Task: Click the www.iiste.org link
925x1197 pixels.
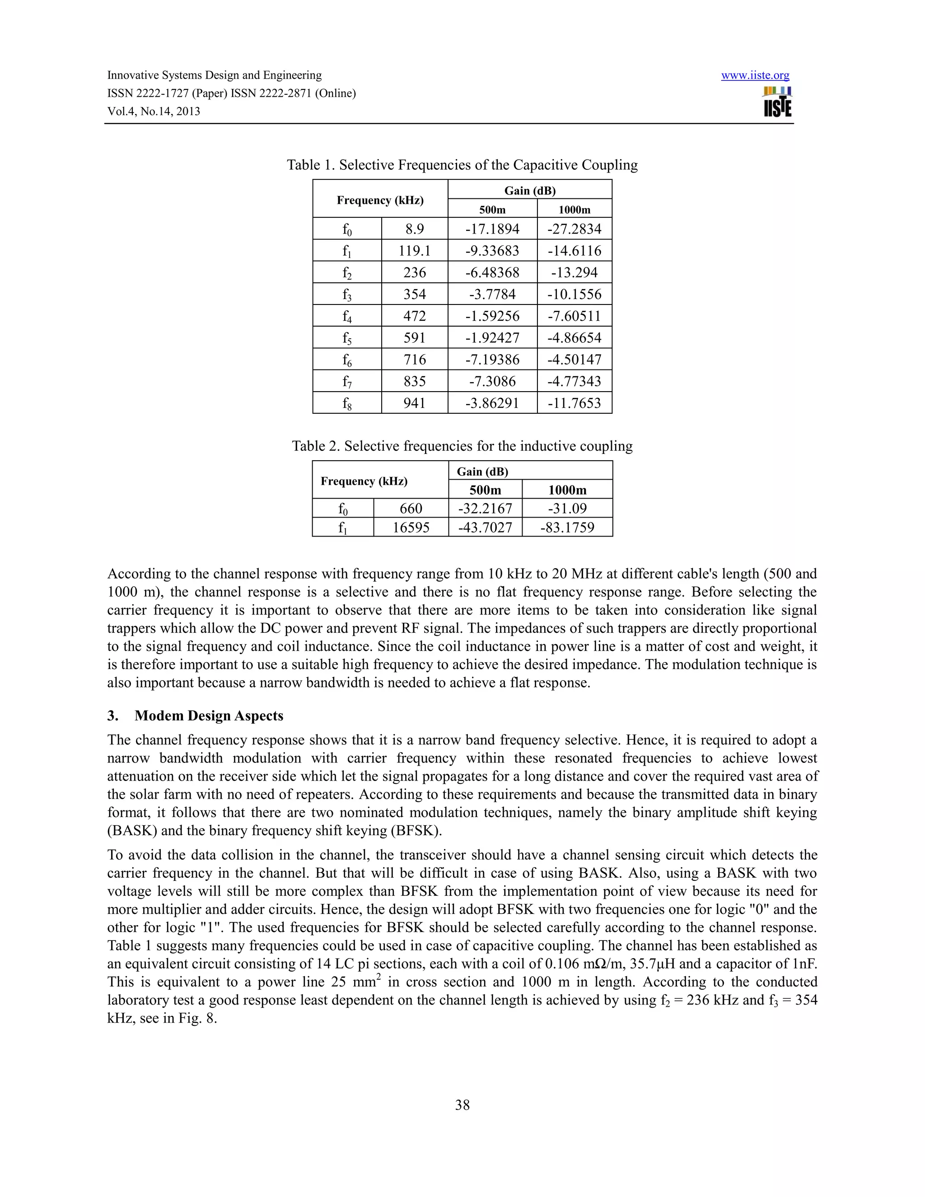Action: [755, 75]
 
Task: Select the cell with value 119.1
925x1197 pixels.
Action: [414, 251]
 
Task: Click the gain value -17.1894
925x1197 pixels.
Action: [492, 229]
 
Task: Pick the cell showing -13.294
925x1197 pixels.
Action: [575, 272]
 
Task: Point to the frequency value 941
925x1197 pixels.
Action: [414, 403]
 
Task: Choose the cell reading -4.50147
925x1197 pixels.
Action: [575, 360]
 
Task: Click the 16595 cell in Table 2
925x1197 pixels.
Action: [411, 528]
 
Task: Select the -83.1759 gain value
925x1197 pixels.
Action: [567, 528]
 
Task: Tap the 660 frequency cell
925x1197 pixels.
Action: [411, 509]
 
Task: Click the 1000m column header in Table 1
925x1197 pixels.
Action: [575, 210]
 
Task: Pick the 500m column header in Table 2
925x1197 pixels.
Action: [485, 490]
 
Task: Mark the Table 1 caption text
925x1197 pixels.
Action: [462, 165]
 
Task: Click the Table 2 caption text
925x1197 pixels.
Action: [462, 446]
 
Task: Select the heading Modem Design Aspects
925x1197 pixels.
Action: [209, 716]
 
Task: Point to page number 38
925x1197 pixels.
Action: [462, 1105]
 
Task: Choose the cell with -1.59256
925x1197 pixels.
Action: [492, 316]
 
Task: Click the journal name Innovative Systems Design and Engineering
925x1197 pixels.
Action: [214, 75]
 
